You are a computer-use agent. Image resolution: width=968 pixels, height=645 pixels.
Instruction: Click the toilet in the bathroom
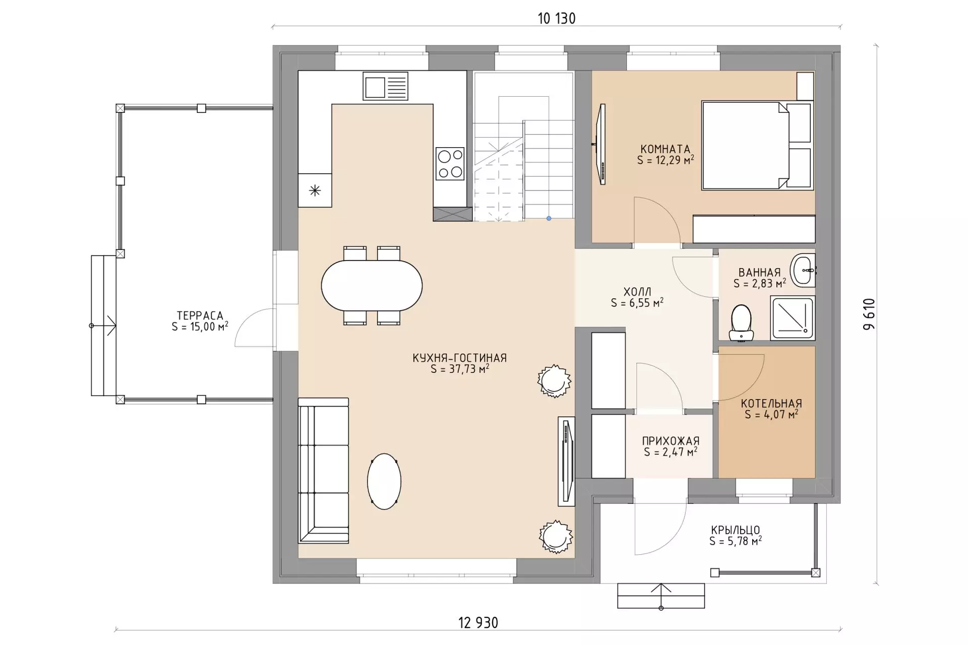(x=741, y=322)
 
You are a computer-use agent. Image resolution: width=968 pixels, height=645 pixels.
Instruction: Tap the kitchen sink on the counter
(x=385, y=86)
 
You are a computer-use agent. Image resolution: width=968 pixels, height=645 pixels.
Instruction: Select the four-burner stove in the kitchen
(x=450, y=164)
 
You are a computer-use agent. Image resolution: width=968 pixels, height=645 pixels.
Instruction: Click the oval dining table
(x=372, y=286)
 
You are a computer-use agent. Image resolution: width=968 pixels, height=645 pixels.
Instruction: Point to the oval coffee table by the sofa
(x=384, y=482)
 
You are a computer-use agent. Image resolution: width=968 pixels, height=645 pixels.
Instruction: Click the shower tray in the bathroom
(x=792, y=318)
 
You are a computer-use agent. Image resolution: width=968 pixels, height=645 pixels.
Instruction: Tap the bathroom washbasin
(x=803, y=270)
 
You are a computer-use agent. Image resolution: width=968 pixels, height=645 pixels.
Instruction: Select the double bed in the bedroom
(x=758, y=146)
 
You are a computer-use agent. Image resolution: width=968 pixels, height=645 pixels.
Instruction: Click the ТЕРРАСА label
(x=200, y=316)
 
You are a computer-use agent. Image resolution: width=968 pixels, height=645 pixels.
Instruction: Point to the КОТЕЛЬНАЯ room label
(x=771, y=404)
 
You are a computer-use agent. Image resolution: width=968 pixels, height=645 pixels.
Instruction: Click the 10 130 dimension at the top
(x=557, y=19)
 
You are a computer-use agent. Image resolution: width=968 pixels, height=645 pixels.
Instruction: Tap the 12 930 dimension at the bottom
(x=478, y=623)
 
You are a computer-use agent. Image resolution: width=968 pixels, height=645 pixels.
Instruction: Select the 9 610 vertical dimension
(x=870, y=314)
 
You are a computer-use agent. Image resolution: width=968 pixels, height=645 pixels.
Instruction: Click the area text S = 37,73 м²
(x=460, y=369)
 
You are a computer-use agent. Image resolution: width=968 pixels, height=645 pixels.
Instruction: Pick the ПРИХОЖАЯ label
(x=671, y=441)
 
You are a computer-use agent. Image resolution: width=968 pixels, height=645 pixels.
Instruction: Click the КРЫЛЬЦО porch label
(x=736, y=530)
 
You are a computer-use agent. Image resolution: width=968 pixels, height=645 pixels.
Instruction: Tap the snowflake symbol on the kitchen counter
(x=315, y=190)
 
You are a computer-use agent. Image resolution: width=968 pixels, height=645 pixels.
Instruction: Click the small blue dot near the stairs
(x=549, y=218)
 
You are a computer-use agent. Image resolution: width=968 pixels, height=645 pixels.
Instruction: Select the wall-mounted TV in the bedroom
(x=600, y=145)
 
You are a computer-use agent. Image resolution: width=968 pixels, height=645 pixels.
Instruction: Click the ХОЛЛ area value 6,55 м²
(x=644, y=303)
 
